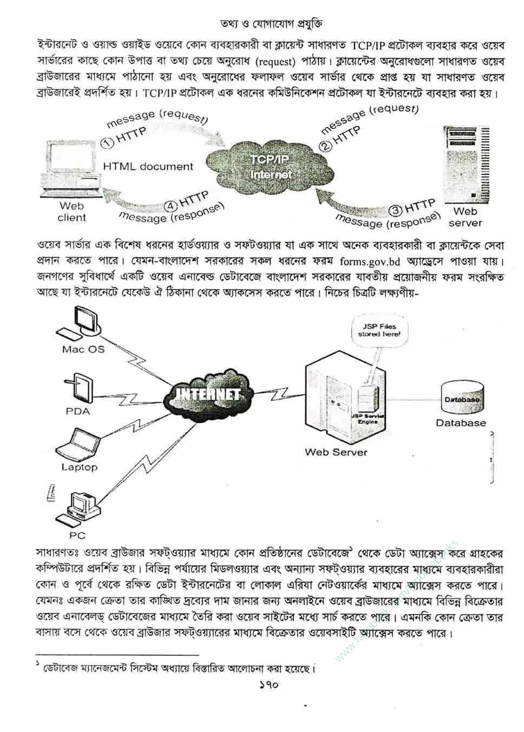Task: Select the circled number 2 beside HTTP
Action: (325, 147)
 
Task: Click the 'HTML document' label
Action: (148, 167)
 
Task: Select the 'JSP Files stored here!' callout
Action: (379, 331)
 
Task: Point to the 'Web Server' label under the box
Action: (336, 453)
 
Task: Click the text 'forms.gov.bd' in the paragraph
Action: (370, 262)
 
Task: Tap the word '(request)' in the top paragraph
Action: (275, 62)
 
